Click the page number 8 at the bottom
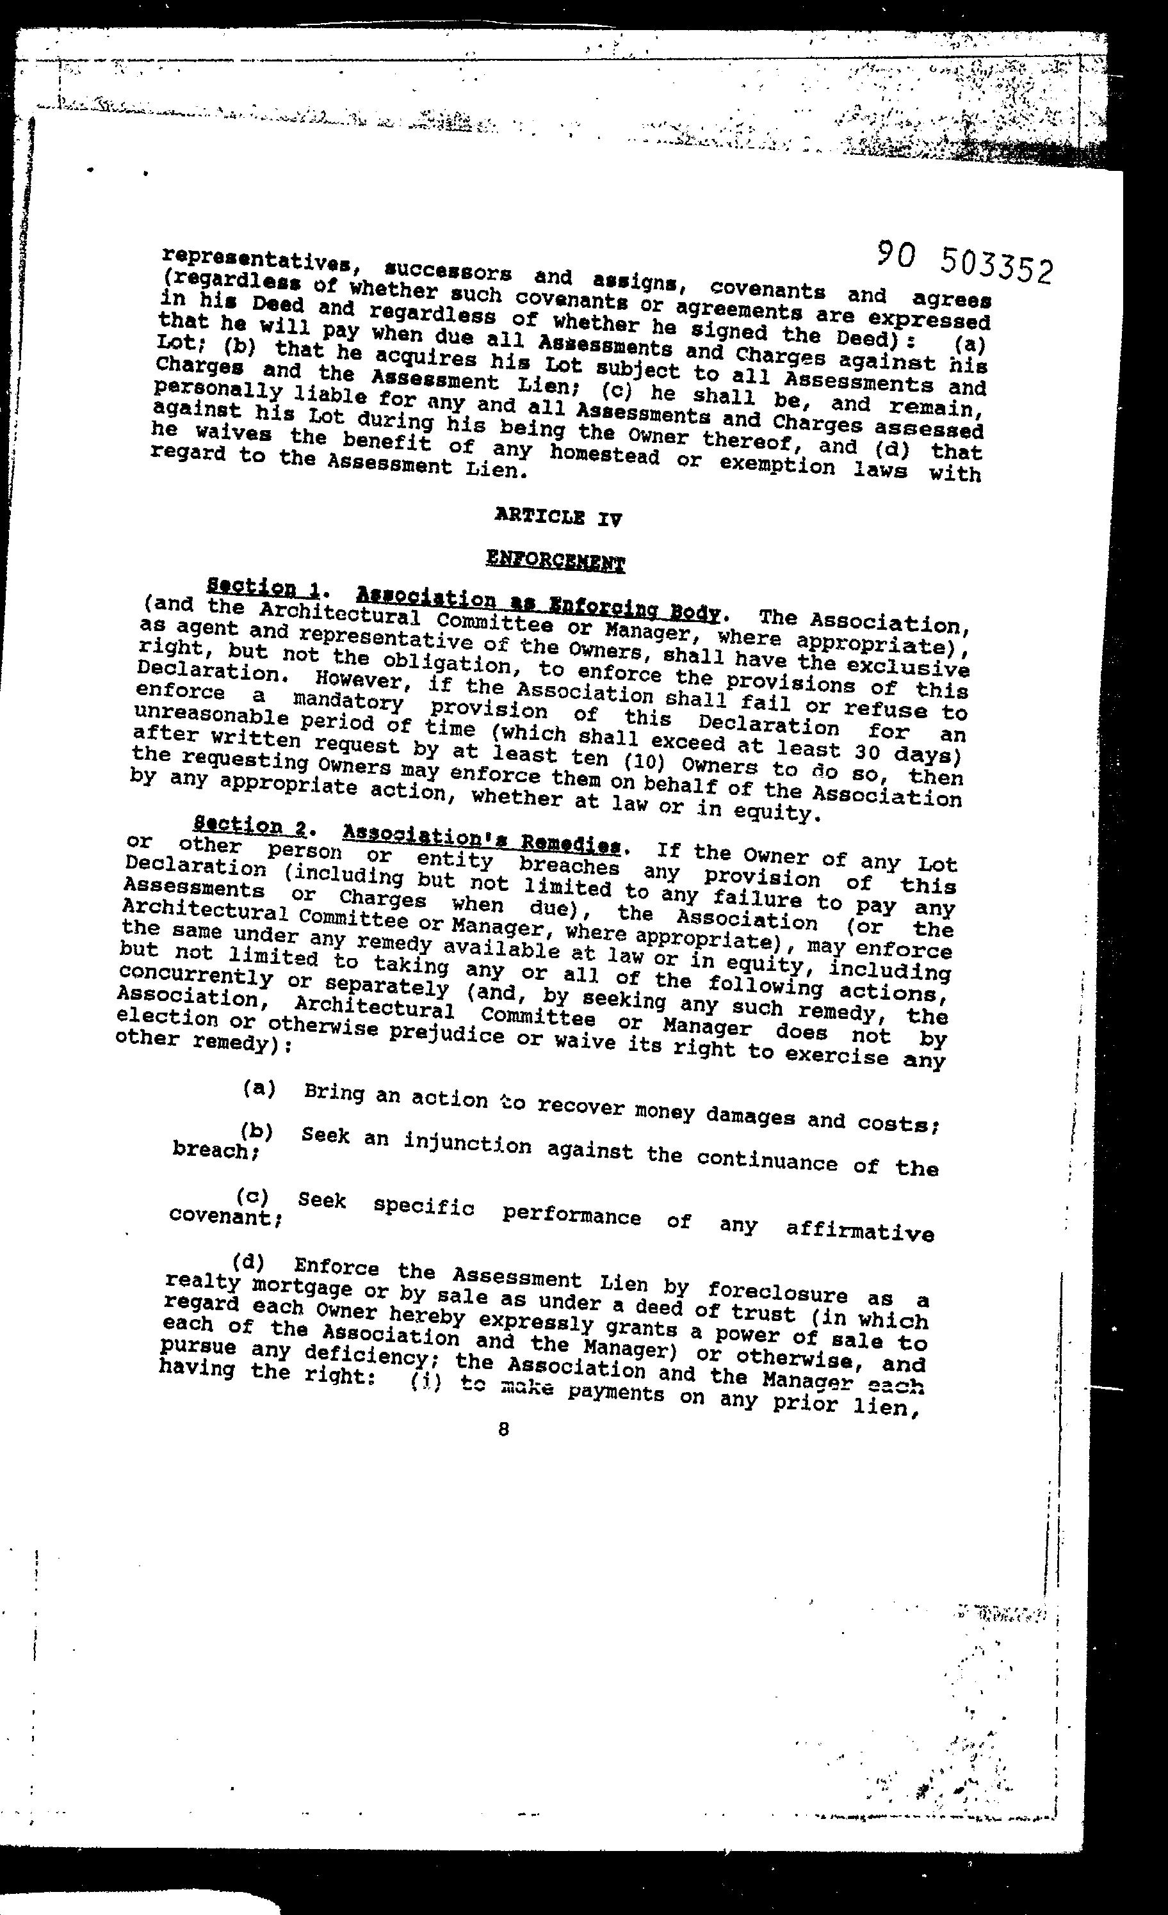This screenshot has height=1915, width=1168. (504, 1429)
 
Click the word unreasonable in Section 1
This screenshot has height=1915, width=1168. (200, 714)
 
